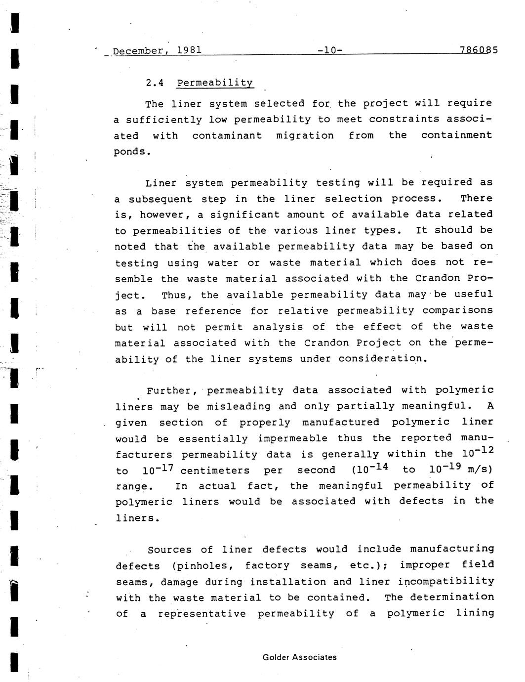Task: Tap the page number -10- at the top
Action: [330, 50]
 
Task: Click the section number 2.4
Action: [155, 83]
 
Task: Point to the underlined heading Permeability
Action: [215, 83]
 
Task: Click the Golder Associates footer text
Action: [300, 657]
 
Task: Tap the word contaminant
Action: [227, 135]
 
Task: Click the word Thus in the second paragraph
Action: [174, 296]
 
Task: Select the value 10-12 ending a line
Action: [478, 452]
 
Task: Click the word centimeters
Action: [215, 471]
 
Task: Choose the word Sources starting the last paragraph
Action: [169, 550]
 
